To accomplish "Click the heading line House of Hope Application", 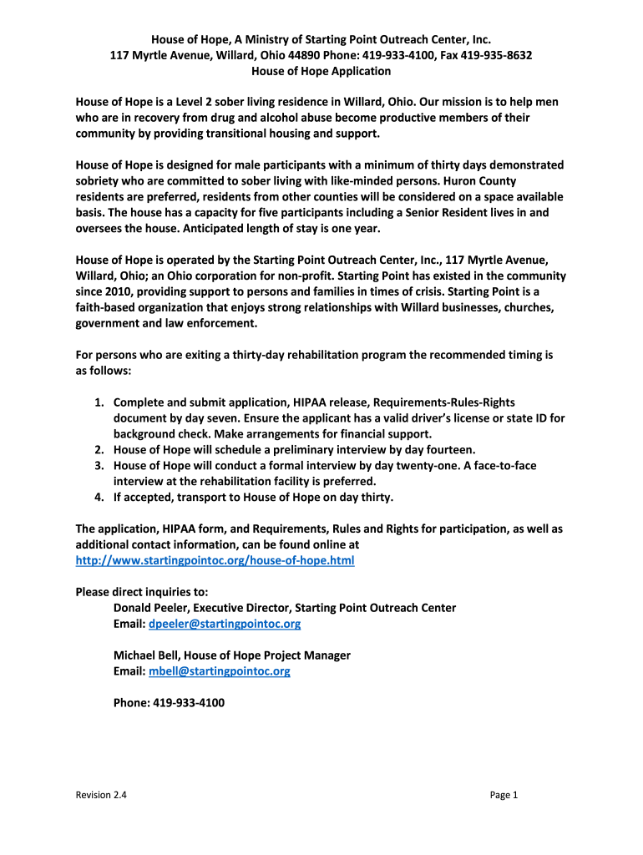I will [321, 71].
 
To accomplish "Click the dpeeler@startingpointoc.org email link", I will [224, 624].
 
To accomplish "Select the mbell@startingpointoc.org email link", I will [219, 670].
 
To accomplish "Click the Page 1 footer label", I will [504, 795].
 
